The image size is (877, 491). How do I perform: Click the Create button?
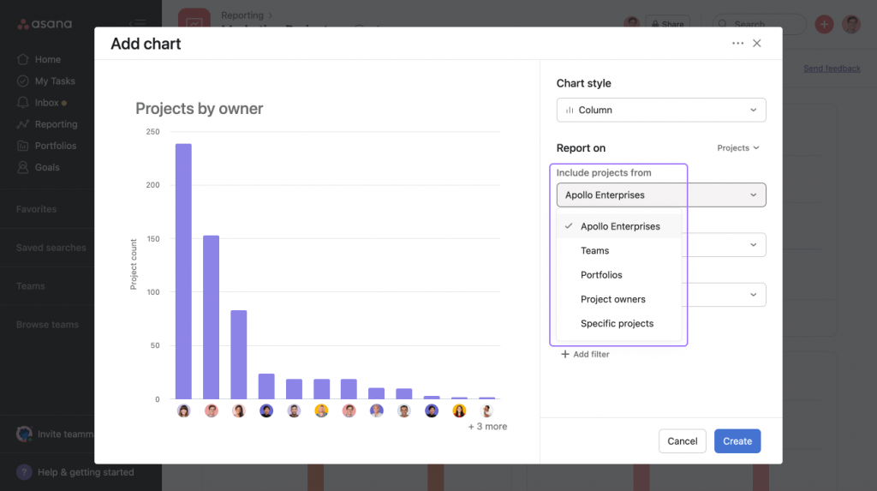(737, 441)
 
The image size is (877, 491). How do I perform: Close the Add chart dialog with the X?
(757, 44)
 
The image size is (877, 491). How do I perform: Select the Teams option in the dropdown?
(594, 251)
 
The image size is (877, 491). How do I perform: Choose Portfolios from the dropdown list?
(601, 275)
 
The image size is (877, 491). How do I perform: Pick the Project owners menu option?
(612, 299)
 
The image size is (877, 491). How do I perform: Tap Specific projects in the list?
(617, 324)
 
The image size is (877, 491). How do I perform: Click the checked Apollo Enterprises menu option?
(620, 227)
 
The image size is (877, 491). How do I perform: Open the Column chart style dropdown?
(660, 111)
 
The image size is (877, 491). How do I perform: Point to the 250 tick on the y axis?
(152, 132)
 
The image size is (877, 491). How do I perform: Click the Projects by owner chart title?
(199, 109)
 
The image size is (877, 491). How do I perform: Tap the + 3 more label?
(487, 427)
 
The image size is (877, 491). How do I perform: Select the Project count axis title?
(134, 264)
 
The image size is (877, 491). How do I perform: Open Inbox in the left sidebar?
(46, 103)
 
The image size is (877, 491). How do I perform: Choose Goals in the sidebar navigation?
(47, 168)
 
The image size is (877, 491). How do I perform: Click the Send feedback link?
(832, 69)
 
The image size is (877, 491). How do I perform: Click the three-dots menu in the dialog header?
(737, 44)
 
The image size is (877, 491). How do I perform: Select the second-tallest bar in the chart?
(211, 317)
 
